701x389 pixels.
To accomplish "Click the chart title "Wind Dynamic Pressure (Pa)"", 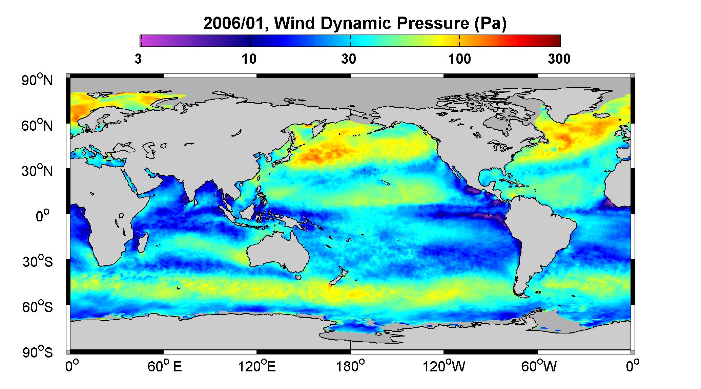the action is click(x=390, y=23).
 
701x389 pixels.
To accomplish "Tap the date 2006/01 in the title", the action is click(x=235, y=23).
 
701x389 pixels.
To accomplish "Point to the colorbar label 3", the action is click(x=138, y=59).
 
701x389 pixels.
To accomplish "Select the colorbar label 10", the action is click(x=249, y=59).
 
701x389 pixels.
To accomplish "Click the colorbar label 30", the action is click(x=349, y=59).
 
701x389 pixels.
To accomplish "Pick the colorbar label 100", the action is click(x=459, y=59).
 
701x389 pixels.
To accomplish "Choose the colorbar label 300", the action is click(x=559, y=59).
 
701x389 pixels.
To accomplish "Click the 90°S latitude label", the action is click(x=37, y=352).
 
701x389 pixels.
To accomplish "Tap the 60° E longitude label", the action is click(x=165, y=366).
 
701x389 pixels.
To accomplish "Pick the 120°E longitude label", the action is click(x=257, y=366).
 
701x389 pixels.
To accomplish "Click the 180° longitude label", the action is click(x=350, y=366).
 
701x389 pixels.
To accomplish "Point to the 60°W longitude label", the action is click(x=539, y=366).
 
